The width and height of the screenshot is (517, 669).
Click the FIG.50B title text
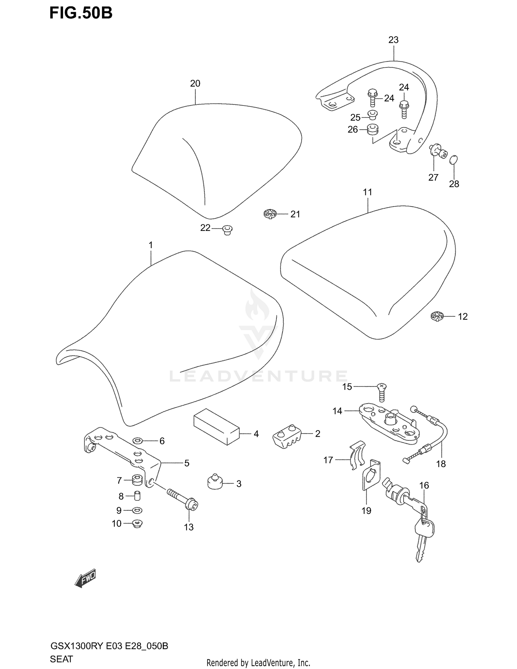[81, 13]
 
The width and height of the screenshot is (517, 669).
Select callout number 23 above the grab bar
[393, 40]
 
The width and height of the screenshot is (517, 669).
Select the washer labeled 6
[138, 440]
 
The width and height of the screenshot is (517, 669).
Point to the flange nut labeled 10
[138, 524]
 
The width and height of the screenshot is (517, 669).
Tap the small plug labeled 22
[227, 229]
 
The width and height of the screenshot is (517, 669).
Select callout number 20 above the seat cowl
[195, 83]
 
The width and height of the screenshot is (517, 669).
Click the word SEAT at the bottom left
[61, 659]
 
